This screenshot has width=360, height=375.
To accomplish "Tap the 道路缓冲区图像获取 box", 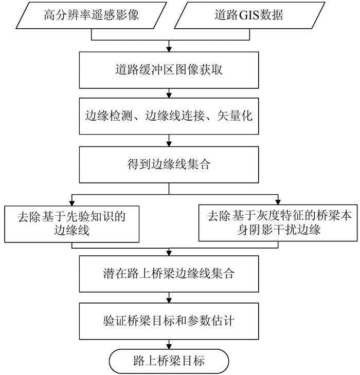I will tap(168, 69).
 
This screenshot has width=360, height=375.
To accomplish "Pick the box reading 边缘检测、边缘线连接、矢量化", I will tap(168, 117).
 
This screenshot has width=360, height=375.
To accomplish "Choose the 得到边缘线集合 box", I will tap(168, 164).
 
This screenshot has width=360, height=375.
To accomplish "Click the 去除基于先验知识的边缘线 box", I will tap(71, 223).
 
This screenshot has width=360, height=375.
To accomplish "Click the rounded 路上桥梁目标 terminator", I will tap(168, 361).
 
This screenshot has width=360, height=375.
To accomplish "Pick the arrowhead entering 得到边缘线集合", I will tap(168, 145).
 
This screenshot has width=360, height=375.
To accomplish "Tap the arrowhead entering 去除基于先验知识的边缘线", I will tap(71, 202).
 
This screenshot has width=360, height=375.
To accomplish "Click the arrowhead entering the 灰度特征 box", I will tap(278, 202).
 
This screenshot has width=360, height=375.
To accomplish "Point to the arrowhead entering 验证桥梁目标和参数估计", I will tap(168, 301).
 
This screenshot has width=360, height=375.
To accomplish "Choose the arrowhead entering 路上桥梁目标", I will tap(168, 347).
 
